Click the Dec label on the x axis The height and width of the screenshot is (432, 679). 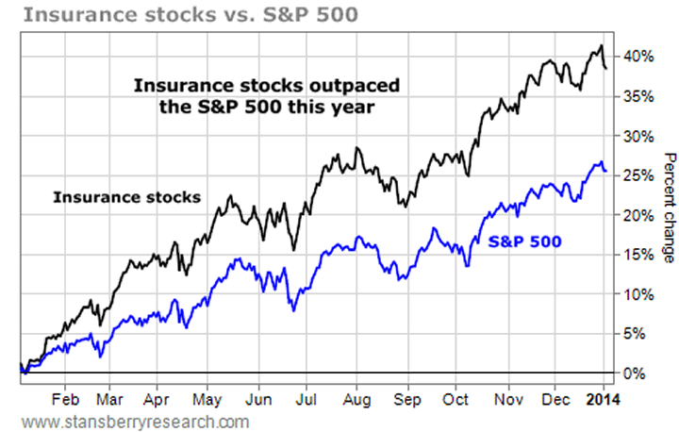click(x=557, y=397)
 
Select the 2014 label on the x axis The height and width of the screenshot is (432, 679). click(x=604, y=397)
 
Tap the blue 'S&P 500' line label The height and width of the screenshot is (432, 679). click(x=525, y=241)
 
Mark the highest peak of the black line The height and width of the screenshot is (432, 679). click(x=601, y=45)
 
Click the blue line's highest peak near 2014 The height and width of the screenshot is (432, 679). click(x=601, y=162)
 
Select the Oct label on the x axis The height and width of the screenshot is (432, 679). click(x=456, y=397)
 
